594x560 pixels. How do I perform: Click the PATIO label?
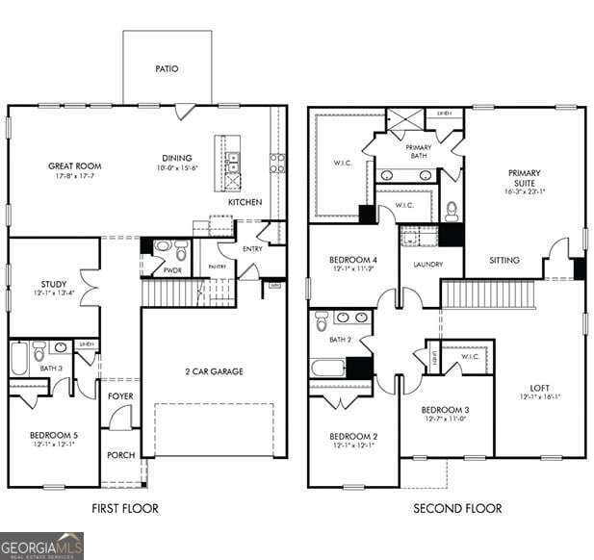point(167,69)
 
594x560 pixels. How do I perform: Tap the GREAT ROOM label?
point(75,166)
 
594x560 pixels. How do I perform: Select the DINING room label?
point(176,159)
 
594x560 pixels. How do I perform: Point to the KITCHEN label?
point(245,203)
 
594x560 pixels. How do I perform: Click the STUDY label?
point(53,284)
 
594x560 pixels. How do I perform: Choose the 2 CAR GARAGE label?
point(214,371)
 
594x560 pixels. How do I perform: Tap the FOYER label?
point(120,395)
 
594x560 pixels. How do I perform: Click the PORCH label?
point(120,455)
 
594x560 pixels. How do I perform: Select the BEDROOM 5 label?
point(54,436)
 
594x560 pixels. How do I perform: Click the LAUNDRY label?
point(427,264)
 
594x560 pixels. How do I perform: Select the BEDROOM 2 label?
point(353,437)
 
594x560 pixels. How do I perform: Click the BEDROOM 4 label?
point(353,261)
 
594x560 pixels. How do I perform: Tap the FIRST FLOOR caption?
point(125,508)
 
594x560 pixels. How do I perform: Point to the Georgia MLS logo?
point(41,546)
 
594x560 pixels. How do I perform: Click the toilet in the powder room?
point(162,247)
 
